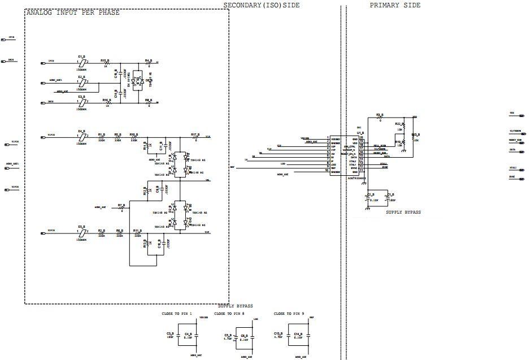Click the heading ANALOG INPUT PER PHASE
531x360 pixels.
(x=73, y=12)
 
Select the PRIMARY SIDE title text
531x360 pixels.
(x=395, y=5)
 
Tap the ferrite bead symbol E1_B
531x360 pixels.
(x=82, y=63)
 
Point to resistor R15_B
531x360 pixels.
(x=105, y=63)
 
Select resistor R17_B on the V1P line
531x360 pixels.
(x=194, y=137)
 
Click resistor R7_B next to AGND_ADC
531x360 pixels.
(x=121, y=208)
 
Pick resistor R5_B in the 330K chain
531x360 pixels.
(x=117, y=137)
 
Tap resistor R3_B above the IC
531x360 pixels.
(x=380, y=118)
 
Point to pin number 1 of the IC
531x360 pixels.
(x=328, y=138)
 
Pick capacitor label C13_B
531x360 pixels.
(x=278, y=334)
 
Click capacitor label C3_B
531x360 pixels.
(x=170, y=334)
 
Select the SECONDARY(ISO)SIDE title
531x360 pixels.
(x=262, y=5)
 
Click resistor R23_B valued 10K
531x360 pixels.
(x=415, y=136)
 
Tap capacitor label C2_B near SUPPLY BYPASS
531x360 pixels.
(x=371, y=194)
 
